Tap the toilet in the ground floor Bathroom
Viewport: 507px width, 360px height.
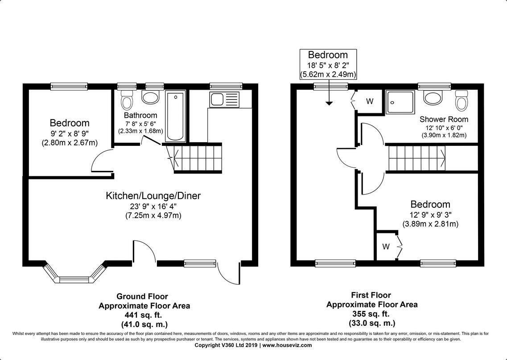127,101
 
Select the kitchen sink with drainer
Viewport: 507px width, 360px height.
224,99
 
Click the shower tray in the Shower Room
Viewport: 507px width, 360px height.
400,103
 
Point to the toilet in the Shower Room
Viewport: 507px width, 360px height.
462,100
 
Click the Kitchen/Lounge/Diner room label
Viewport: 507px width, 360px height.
153,195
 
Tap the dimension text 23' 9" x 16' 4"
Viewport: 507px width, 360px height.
153,206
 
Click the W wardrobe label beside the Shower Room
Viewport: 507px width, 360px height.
370,101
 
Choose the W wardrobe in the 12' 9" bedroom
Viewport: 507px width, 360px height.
386,246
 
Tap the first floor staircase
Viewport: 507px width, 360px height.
416,158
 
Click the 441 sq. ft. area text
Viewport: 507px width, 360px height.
142,315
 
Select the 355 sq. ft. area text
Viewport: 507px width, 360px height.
371,314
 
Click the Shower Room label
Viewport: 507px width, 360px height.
444,119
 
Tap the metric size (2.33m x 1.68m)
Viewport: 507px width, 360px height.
140,131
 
